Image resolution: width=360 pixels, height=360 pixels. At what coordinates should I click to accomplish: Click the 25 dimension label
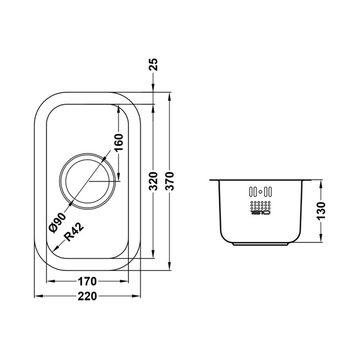(x=153, y=66)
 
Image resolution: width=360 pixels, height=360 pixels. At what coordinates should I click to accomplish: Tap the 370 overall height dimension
(x=170, y=181)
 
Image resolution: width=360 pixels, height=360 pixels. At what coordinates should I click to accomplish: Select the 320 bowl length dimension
(x=153, y=181)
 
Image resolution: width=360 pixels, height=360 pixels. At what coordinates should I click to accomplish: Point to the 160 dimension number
(x=119, y=143)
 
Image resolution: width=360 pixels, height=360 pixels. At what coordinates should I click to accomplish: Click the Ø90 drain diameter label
(x=57, y=221)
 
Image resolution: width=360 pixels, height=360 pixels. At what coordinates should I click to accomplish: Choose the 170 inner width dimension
(x=87, y=282)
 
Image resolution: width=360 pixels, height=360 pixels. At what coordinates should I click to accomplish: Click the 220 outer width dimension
(x=87, y=297)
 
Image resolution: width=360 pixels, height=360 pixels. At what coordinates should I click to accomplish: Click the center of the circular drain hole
(x=88, y=181)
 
